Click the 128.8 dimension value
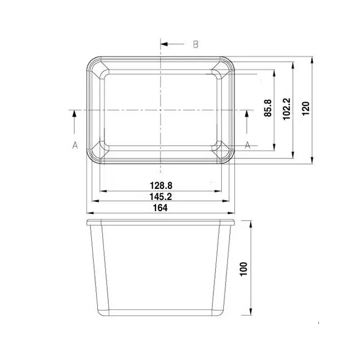[161, 186]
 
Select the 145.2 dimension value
[161, 197]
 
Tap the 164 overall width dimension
[160, 208]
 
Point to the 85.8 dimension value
[268, 108]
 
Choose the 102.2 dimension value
[286, 109]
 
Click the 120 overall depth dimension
[306, 108]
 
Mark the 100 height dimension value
[243, 269]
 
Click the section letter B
[196, 44]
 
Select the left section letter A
[75, 145]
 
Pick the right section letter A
[247, 145]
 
